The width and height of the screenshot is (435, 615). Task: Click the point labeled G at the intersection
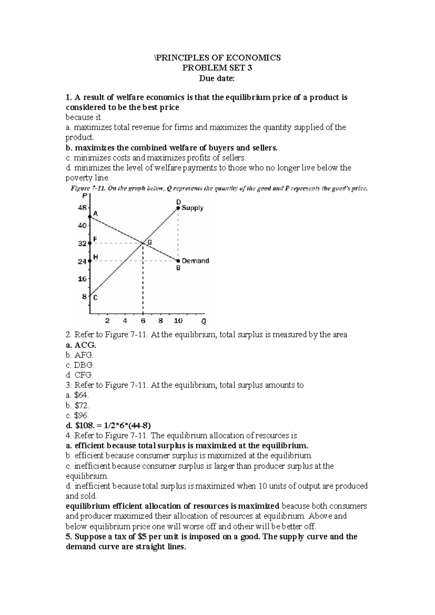tap(143, 243)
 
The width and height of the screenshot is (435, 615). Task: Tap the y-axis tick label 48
tap(82, 208)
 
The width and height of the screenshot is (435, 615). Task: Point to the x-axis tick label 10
tap(178, 321)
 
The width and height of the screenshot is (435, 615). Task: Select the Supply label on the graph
tap(192, 208)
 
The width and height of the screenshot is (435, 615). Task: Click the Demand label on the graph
tap(195, 261)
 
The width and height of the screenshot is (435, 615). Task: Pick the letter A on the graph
tap(96, 214)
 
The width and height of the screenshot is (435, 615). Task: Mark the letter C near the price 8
tap(95, 298)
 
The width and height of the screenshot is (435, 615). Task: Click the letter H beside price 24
tap(96, 257)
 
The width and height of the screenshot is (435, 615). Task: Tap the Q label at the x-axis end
tap(204, 321)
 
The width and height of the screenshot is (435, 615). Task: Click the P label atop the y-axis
tap(84, 196)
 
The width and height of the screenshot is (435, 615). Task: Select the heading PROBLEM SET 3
tap(217, 68)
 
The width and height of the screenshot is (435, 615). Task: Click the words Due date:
tap(217, 78)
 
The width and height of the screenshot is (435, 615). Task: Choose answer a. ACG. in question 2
tap(81, 344)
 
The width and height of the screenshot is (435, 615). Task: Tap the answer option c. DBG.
tap(80, 365)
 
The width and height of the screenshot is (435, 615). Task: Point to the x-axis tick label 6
tap(143, 321)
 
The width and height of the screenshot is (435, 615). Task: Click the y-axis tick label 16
tap(82, 279)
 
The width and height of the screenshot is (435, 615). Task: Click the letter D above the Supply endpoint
tap(178, 201)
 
